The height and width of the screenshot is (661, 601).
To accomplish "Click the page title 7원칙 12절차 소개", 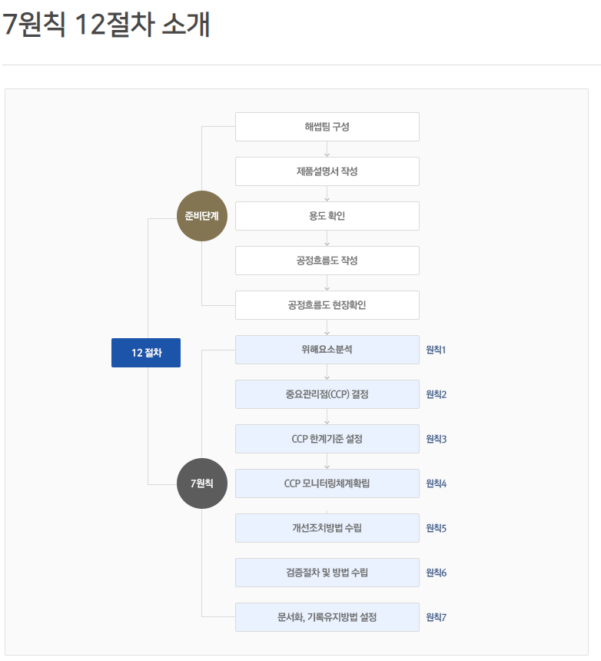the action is point(107,25).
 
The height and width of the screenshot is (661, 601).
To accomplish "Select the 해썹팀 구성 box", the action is point(327,127).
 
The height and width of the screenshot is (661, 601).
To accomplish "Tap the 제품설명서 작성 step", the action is point(327,171).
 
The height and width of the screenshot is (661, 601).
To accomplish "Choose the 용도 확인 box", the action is point(327,216).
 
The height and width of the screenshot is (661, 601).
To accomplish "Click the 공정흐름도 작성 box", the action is point(327,261).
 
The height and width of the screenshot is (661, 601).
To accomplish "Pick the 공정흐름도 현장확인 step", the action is point(327,305).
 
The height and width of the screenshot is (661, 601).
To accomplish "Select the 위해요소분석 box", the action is point(327,350).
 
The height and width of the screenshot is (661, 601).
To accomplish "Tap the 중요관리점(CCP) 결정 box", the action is point(327,394).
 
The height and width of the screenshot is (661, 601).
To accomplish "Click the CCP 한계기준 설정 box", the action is point(327,439).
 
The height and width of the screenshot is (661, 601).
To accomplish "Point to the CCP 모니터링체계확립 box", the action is point(327,483).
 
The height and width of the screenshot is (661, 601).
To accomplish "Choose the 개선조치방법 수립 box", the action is point(327,528).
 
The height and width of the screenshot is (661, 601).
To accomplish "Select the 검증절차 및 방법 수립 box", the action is point(327,573).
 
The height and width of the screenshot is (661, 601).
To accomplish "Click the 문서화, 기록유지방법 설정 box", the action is point(327,617).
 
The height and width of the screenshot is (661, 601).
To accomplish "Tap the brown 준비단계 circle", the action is point(202,216).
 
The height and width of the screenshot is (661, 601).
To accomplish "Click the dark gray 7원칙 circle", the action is point(202,483).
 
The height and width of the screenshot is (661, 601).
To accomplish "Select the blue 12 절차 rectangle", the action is point(146,353).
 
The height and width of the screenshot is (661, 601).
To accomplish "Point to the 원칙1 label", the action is point(436,350).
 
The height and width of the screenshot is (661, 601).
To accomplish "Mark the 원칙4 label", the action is point(436,484).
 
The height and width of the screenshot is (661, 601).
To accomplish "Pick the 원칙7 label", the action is point(436,618).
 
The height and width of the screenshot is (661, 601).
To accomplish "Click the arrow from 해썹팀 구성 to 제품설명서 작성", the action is point(327,149).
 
